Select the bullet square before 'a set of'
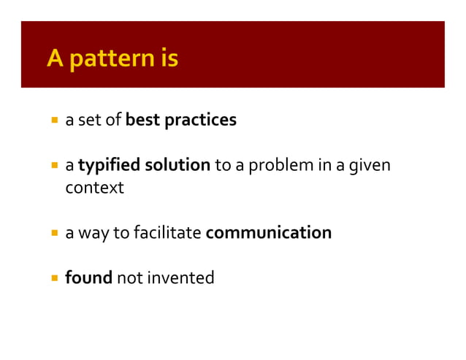[55, 120]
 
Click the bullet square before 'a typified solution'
[55, 165]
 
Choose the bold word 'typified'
[107, 165]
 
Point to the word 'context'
[94, 188]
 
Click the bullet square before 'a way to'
[55, 233]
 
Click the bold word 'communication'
[269, 233]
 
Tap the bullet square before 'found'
[55, 278]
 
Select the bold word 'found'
[86, 278]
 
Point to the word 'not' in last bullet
[131, 278]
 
